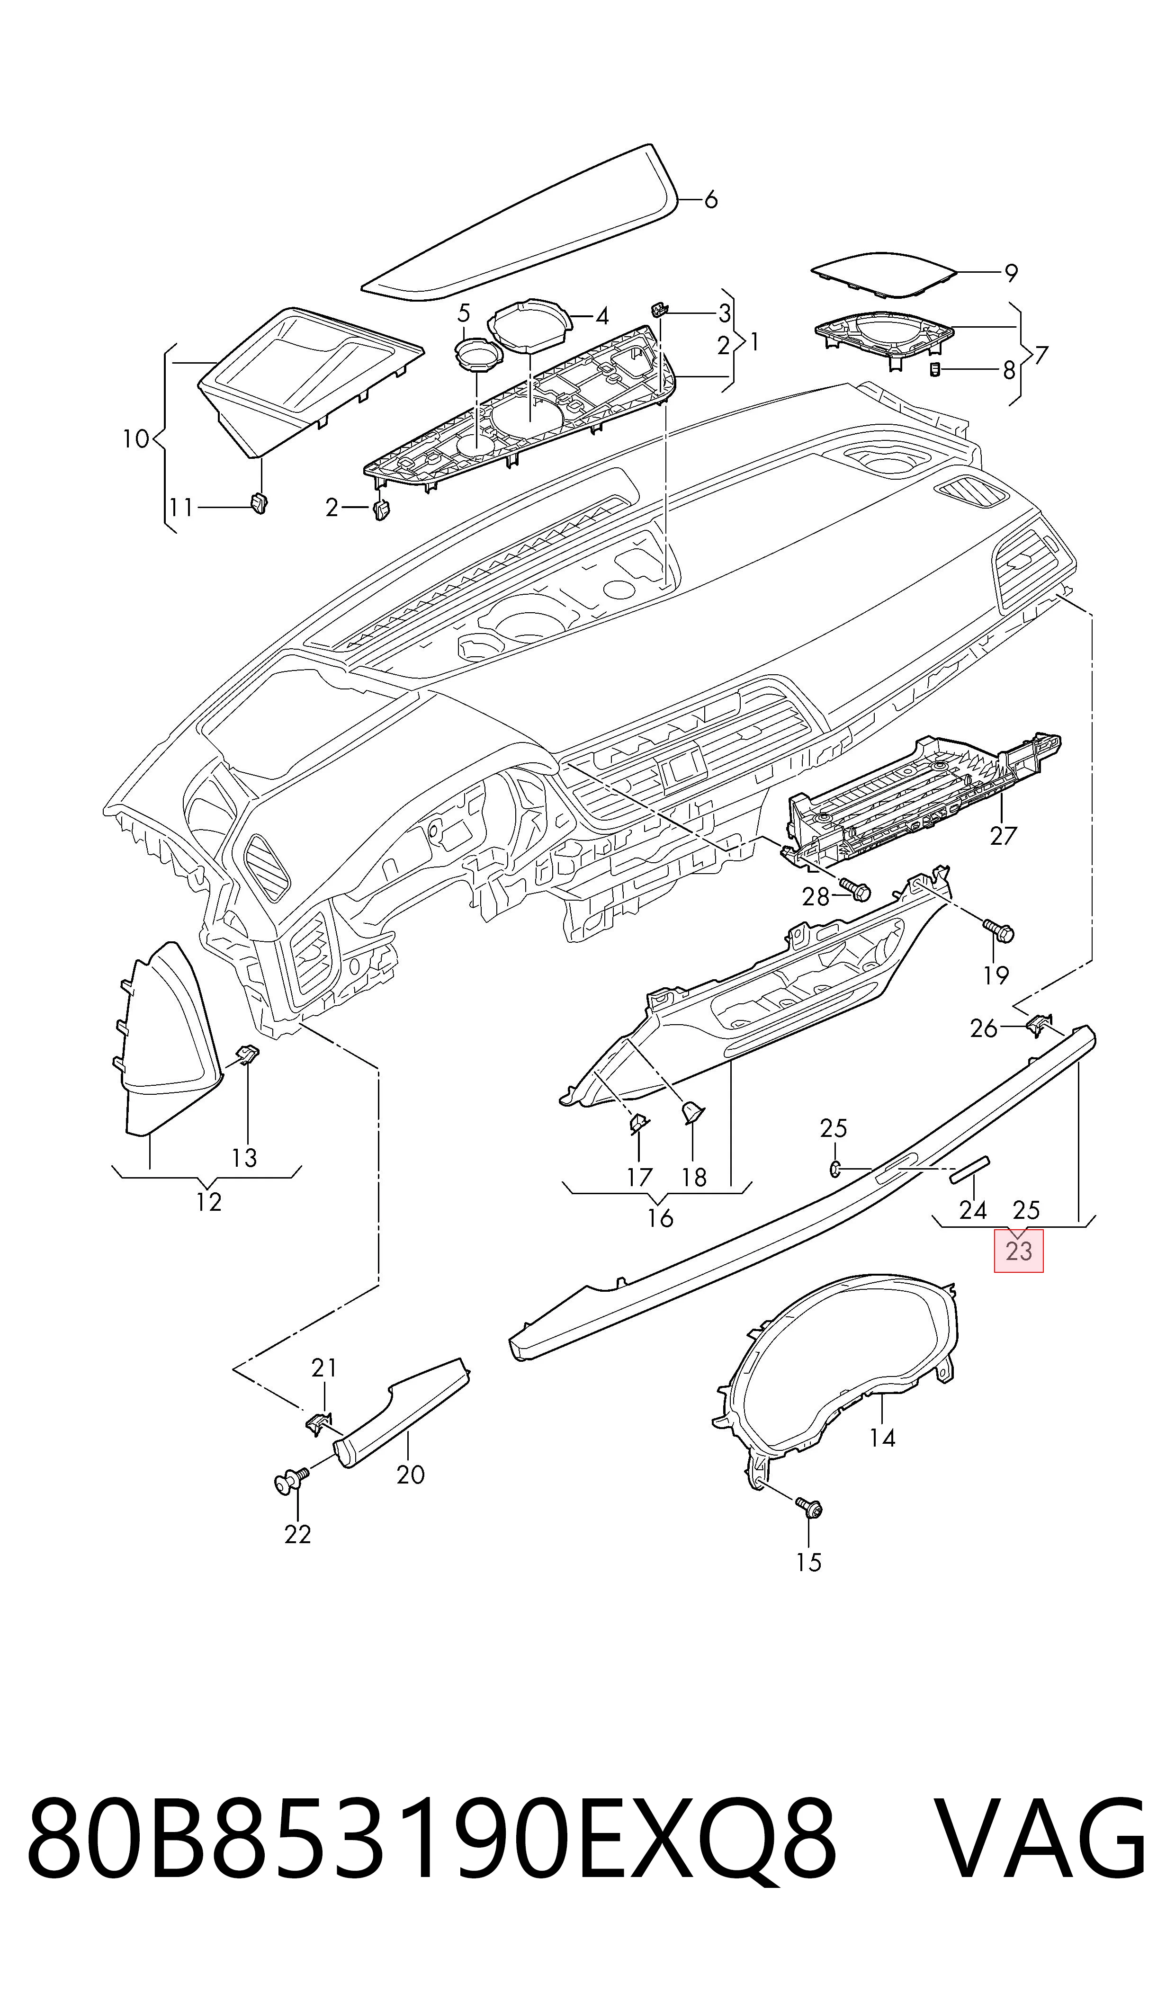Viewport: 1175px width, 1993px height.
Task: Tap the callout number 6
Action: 710,199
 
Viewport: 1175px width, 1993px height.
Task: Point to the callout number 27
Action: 1003,835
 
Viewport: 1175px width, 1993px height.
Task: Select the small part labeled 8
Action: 934,370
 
